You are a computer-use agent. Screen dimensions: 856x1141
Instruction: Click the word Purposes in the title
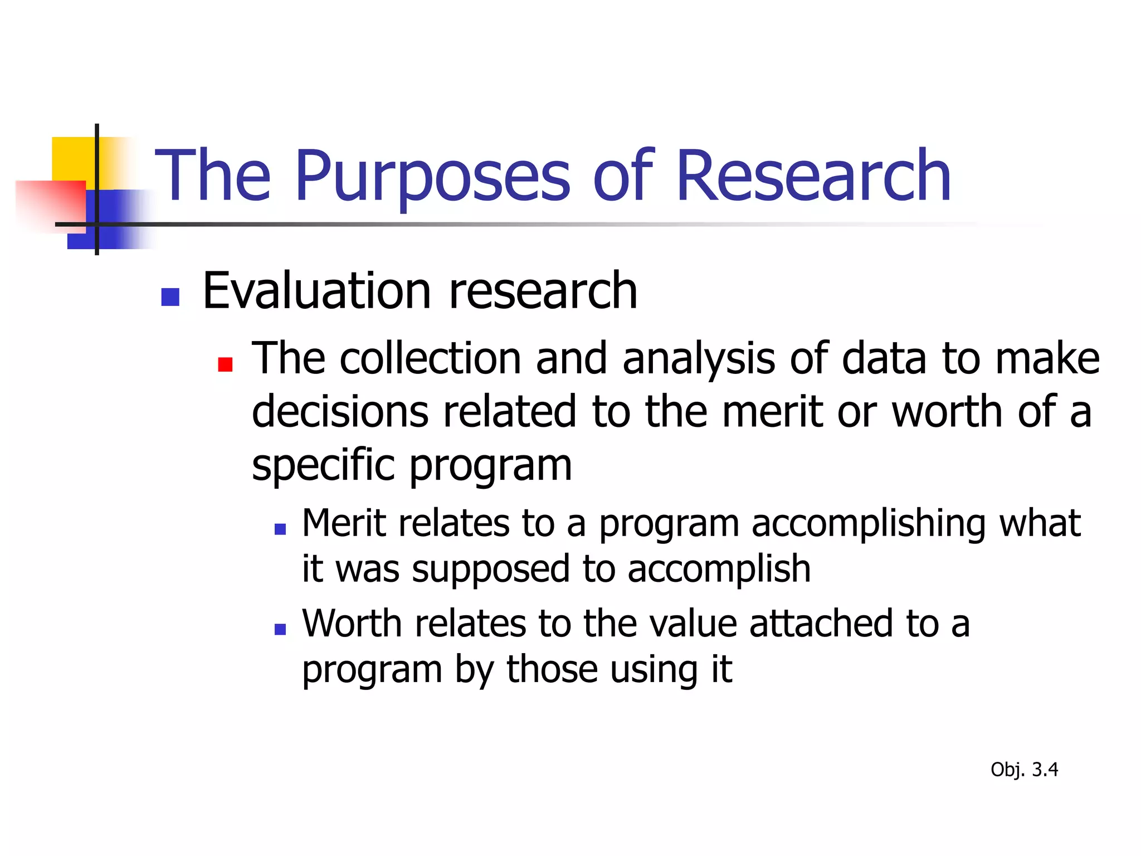tap(432, 177)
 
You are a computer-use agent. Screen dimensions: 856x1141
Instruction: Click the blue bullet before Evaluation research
tap(170, 297)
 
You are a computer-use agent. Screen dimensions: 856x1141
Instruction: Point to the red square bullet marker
tap(225, 364)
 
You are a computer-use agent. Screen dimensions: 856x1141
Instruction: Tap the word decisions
tap(340, 411)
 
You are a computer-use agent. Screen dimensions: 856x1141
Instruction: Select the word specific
tap(323, 465)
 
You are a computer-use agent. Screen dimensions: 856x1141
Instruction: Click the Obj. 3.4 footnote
tap(1024, 770)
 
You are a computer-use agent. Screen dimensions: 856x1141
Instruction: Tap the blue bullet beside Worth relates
tap(280, 629)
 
